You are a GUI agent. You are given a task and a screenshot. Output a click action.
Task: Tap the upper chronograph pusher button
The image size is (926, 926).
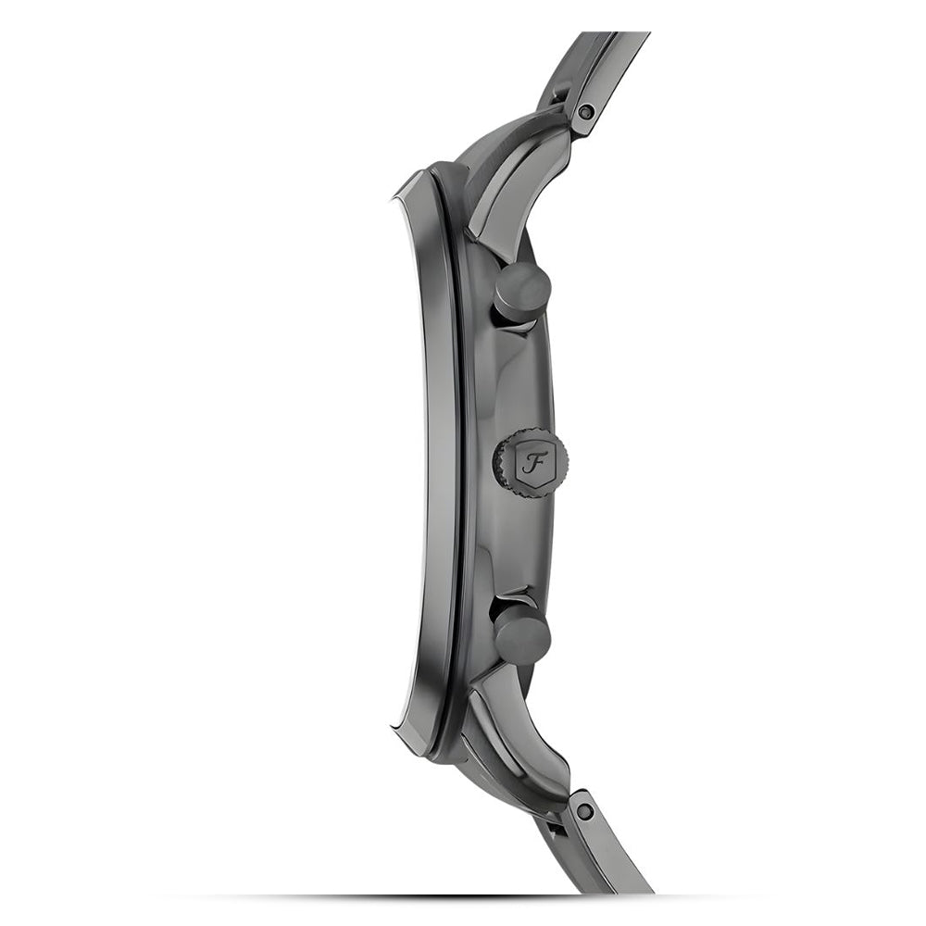coord(522,292)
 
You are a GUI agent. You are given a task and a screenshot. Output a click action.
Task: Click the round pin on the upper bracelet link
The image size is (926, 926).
coord(586,111)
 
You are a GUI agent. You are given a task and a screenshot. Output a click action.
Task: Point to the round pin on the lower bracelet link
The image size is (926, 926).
coord(584,811)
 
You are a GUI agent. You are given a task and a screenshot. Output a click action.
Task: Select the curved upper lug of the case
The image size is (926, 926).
coord(513,177)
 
